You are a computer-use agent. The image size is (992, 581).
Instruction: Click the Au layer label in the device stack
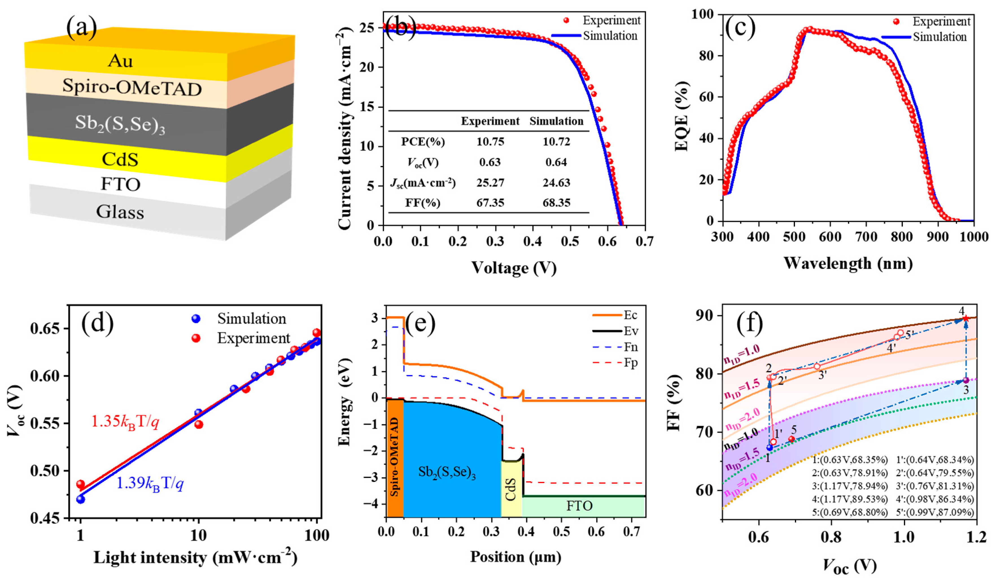tap(121, 61)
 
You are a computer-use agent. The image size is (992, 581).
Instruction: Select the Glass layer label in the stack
tap(120, 212)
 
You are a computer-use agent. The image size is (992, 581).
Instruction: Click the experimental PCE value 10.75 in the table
tap(490, 142)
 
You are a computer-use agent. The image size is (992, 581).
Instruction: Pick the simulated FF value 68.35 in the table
tap(556, 203)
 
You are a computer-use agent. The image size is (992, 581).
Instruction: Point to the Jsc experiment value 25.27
tap(490, 183)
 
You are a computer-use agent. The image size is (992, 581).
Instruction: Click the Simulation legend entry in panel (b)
tap(610, 36)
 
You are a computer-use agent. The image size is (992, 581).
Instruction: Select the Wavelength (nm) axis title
tap(848, 263)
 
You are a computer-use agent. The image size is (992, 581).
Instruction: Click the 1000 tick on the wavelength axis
tap(973, 237)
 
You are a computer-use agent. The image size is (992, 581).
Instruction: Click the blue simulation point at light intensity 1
tap(81, 499)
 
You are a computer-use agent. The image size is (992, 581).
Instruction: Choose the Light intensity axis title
tap(195, 557)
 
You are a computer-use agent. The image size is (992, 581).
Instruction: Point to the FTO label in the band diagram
tap(580, 505)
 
